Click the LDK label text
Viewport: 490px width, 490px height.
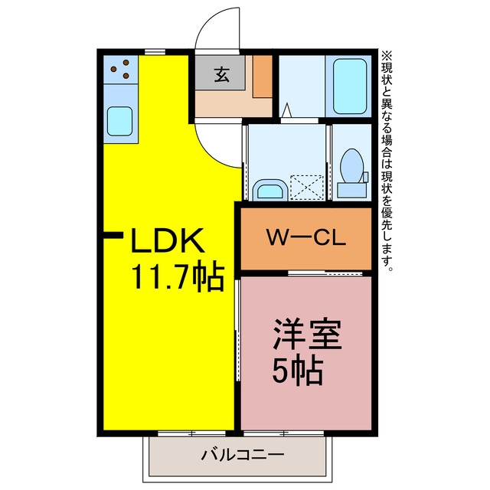coord(168,240)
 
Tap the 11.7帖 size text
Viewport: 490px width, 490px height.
coord(178,278)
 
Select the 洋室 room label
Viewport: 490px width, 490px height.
coord(308,334)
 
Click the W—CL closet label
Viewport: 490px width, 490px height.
coord(306,237)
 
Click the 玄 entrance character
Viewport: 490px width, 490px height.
coord(221,75)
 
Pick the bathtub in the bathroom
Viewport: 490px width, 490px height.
coord(350,86)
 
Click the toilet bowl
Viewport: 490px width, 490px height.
coord(352,165)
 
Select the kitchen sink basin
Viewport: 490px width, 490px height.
coord(119,121)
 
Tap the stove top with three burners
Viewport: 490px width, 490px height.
coord(121,70)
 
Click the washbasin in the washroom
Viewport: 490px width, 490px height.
coord(270,190)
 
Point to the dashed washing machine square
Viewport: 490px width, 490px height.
coord(307,188)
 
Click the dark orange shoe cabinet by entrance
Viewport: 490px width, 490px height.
coord(263,77)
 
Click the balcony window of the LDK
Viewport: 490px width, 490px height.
coord(192,433)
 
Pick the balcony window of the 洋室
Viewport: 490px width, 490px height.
coord(284,433)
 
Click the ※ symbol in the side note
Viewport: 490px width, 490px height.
coord(387,56)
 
